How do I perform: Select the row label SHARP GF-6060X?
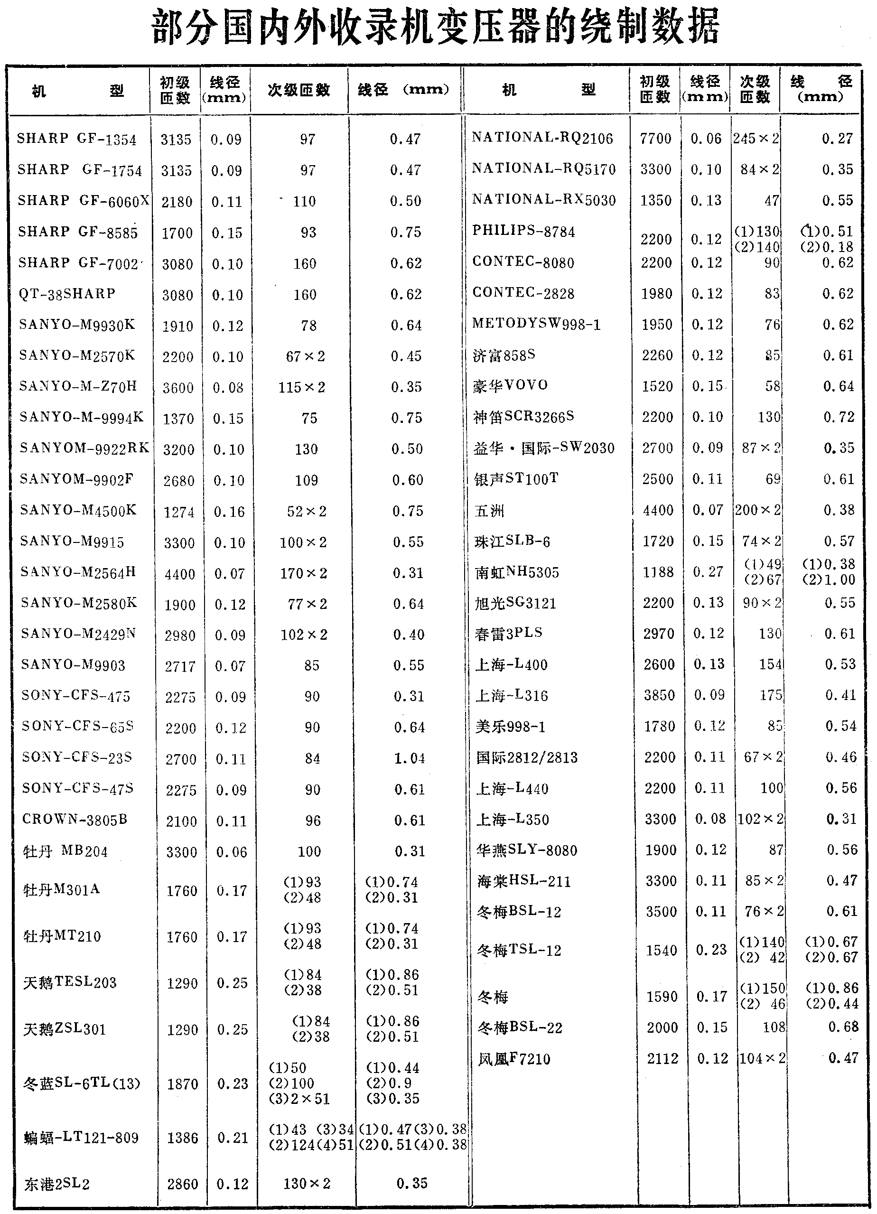(x=83, y=201)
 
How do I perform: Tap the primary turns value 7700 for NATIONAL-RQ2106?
(x=655, y=139)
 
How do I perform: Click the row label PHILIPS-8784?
(x=523, y=231)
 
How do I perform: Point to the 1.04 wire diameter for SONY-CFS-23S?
(x=410, y=758)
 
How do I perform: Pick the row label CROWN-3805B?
(x=75, y=820)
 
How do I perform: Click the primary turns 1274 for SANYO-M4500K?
(x=179, y=512)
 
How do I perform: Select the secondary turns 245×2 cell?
(x=756, y=139)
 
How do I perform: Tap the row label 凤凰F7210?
(x=514, y=1059)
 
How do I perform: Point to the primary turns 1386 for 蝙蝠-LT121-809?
(x=183, y=1138)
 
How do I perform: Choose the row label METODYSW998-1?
(x=536, y=324)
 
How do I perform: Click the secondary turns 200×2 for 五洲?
(x=757, y=510)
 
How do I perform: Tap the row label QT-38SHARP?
(x=67, y=294)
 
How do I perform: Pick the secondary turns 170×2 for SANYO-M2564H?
(x=304, y=574)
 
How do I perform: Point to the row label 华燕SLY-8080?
(x=527, y=850)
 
